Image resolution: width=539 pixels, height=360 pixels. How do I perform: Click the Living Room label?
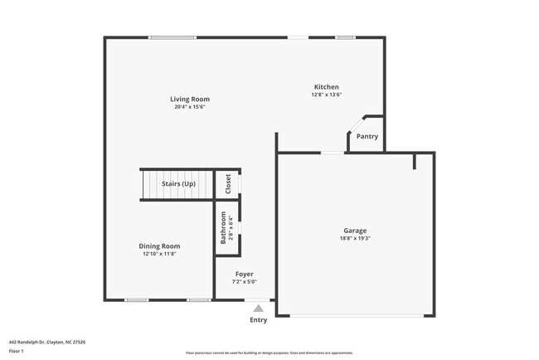tap(190, 100)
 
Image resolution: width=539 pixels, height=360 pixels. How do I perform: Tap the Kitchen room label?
tap(326, 87)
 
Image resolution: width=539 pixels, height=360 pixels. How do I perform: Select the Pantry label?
tap(367, 136)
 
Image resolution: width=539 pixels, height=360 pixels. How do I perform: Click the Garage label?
tap(355, 231)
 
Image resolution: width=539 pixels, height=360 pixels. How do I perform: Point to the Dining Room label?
tap(159, 246)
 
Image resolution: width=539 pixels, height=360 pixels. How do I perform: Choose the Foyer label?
tap(244, 274)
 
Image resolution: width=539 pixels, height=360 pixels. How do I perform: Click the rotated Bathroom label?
tap(222, 226)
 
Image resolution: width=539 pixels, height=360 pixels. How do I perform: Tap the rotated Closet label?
tap(228, 184)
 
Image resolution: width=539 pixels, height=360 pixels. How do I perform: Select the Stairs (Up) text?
tap(178, 183)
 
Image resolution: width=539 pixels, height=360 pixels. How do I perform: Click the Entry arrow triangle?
tap(258, 309)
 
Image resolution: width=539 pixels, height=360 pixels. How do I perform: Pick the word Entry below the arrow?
tap(259, 319)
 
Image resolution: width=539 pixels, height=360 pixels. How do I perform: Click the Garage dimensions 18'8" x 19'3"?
tap(355, 238)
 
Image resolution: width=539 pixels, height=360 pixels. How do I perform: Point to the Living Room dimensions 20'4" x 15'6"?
tap(190, 107)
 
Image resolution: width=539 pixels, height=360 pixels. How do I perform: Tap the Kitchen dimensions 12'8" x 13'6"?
tap(326, 95)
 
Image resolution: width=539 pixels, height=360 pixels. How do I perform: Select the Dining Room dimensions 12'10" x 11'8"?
tap(159, 253)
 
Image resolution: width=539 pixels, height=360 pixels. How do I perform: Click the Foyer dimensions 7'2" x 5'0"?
tap(244, 281)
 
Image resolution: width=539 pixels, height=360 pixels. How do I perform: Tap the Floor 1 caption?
tap(17, 351)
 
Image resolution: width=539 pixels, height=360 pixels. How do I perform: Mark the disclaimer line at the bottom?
tap(269, 353)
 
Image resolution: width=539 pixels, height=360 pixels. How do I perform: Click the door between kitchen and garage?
tap(333, 153)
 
